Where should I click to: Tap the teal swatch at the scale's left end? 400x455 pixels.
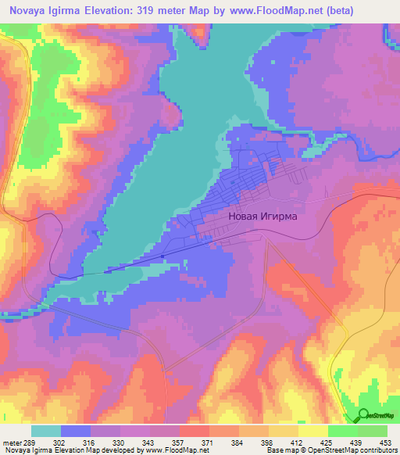click(x=46, y=431)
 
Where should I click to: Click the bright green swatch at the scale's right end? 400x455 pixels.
click(x=373, y=431)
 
